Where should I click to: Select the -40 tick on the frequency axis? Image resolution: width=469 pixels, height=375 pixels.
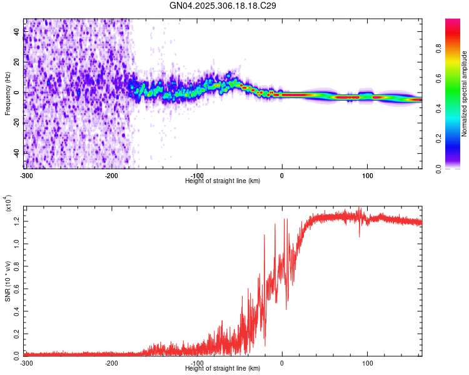pyautogui.click(x=16, y=153)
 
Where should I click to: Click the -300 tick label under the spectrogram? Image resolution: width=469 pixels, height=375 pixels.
pyautogui.click(x=26, y=175)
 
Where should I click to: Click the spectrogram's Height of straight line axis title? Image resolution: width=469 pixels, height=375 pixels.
pyautogui.click(x=223, y=181)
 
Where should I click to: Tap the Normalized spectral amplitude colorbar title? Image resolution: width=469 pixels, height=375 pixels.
pyautogui.click(x=465, y=94)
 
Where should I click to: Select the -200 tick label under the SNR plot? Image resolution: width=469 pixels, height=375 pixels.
pyautogui.click(x=111, y=362)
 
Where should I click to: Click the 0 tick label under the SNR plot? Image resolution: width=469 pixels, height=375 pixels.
pyautogui.click(x=282, y=362)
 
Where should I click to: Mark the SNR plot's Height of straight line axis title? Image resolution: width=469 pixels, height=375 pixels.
pyautogui.click(x=223, y=368)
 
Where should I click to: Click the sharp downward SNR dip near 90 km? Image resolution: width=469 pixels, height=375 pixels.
pyautogui.click(x=360, y=235)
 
